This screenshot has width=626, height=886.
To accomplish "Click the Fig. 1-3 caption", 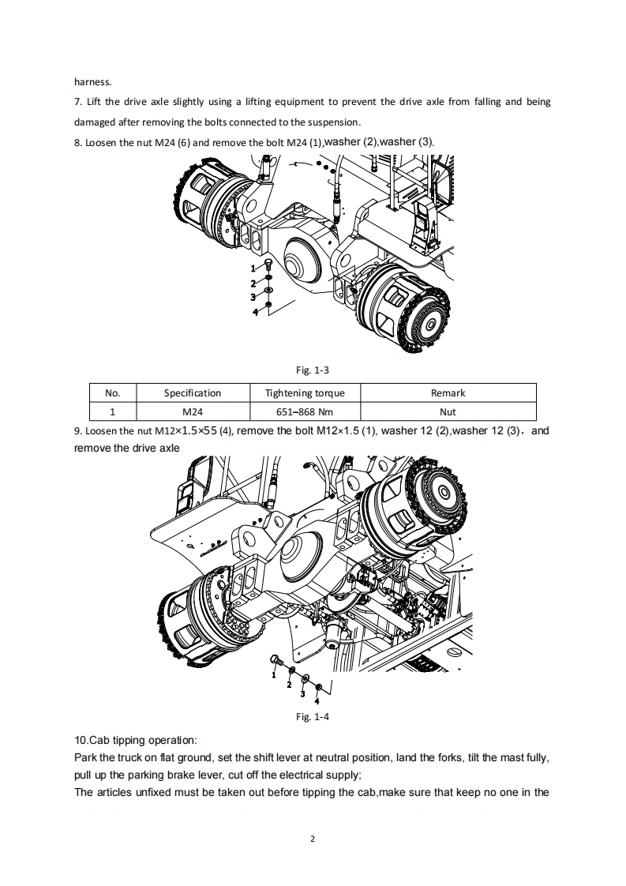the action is tap(313, 370).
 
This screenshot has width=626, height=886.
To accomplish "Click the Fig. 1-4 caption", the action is tap(313, 716).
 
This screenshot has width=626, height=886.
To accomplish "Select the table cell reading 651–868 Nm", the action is tap(305, 412).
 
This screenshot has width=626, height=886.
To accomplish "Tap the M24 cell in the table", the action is tap(193, 412).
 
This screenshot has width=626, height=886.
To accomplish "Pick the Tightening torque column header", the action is tap(305, 392).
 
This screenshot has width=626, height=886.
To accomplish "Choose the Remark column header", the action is tap(448, 392).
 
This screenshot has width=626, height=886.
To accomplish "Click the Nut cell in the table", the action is tap(448, 412).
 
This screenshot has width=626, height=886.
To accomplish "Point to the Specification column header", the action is tap(193, 392).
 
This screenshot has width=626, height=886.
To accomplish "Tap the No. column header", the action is tap(112, 392).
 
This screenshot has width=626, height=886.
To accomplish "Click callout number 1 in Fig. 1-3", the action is tap(253, 268).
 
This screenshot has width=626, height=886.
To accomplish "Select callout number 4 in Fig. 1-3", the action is tap(255, 312).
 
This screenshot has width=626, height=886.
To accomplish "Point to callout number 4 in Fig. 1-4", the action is tap(317, 701).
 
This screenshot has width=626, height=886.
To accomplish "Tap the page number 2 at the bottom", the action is tap(313, 839).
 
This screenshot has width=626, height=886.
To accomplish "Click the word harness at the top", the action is tap(92, 82).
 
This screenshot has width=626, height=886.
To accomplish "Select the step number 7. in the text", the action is tap(78, 102).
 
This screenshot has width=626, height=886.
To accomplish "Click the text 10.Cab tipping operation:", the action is tap(136, 740).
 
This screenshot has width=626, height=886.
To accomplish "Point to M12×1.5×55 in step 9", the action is tap(186, 430).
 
